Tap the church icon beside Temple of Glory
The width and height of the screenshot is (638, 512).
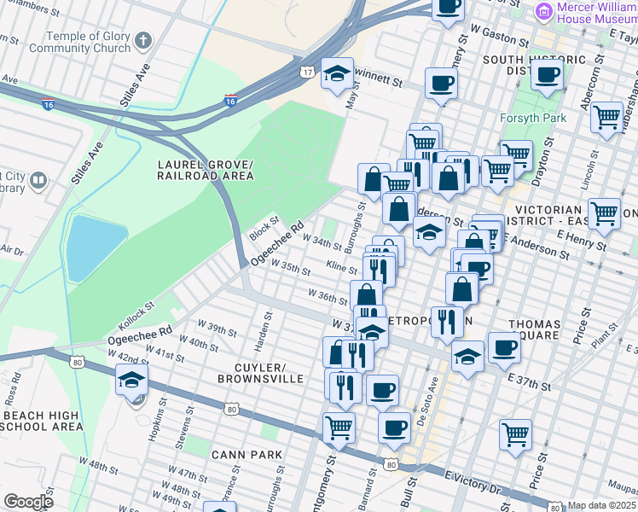pos(142,40)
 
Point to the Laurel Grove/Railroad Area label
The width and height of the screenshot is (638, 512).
pos(205,170)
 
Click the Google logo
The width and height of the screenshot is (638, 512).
pos(27,502)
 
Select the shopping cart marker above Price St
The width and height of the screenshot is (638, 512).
pos(515,433)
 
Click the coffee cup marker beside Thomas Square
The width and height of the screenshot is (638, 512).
pos(504,348)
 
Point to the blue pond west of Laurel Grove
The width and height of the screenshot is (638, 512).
pos(94,247)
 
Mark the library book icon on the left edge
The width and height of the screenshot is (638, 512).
pos(38,180)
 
